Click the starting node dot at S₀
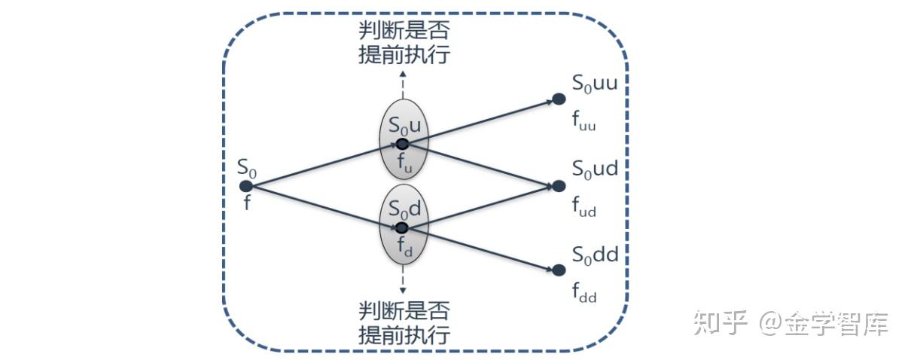(245, 185)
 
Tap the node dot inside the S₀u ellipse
(402, 143)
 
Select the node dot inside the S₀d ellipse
(402, 227)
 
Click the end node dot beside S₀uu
(558, 99)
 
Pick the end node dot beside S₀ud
(558, 185)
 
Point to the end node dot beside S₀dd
(558, 270)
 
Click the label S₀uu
(595, 84)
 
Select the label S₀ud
(595, 169)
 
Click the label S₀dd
(595, 255)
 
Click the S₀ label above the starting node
(247, 167)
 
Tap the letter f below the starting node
(246, 203)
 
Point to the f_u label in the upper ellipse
(404, 163)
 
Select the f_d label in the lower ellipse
(404, 247)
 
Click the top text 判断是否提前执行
(404, 44)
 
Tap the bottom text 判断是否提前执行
(404, 322)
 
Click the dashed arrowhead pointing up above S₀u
(403, 74)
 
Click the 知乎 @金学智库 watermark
(791, 324)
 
